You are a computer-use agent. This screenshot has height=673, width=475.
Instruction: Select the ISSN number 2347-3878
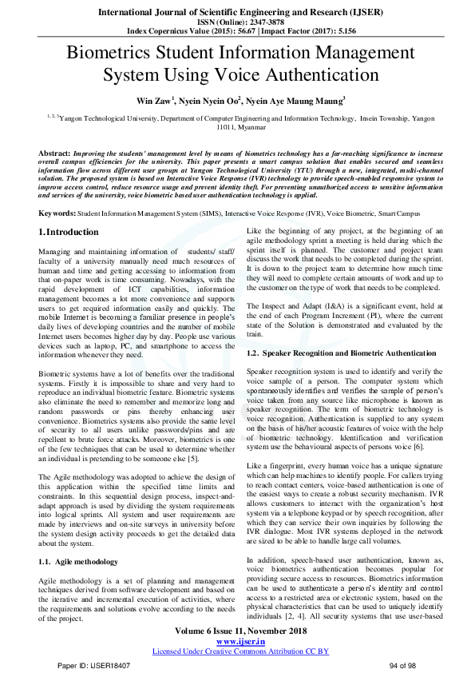pyautogui.click(x=255, y=22)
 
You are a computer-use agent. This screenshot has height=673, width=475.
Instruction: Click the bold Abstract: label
pyautogui.click(x=54, y=152)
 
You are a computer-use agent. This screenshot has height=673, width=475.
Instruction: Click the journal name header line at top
pyautogui.click(x=237, y=12)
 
